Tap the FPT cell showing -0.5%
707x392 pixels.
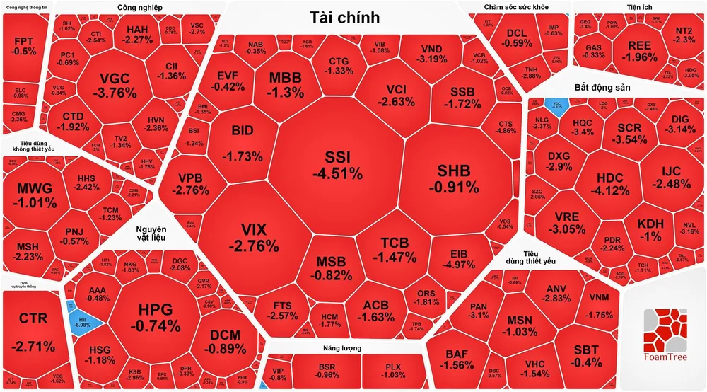[25, 46]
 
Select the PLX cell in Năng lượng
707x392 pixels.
[392, 370]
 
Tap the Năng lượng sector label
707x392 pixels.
[340, 349]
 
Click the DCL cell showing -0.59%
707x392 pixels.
[520, 38]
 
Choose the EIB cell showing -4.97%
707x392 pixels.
[464, 259]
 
